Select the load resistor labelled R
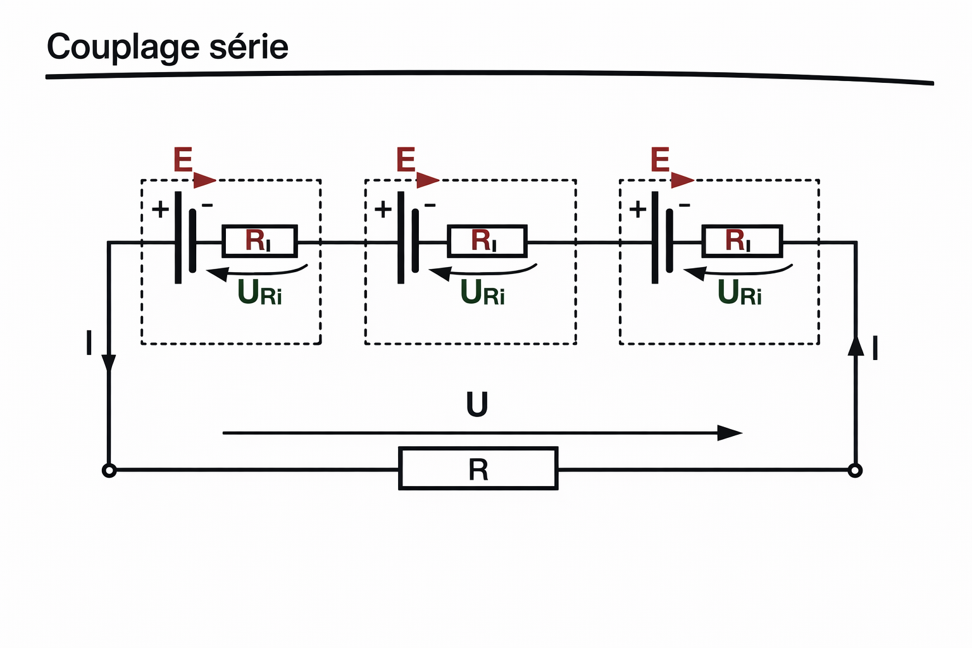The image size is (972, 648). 478,469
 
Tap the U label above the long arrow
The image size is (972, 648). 477,405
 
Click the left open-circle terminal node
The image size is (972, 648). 109,471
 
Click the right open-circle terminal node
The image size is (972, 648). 855,471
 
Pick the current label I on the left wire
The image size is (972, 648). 89,344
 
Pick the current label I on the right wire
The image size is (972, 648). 875,349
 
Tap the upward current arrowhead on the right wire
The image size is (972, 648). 856,346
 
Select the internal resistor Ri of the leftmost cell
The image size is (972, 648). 259,241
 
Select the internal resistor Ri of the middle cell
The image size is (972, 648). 487,241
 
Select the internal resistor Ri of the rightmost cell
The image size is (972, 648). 742,241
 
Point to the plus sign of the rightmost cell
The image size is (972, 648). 637,209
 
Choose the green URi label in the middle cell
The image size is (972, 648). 482,293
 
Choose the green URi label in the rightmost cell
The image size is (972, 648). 739,293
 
